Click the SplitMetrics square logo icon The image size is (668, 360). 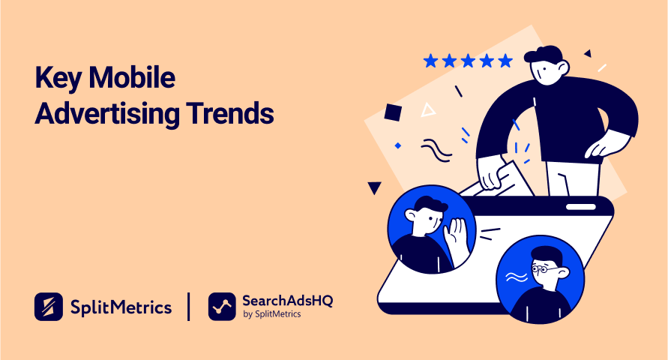click(48, 306)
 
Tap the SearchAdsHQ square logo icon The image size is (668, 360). click(222, 306)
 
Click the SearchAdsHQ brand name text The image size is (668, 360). click(287, 300)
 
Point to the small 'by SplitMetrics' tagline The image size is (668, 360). click(272, 315)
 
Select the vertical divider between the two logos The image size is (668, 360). click(188, 306)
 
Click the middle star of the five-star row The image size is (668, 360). click(468, 60)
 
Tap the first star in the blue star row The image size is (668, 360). click(430, 60)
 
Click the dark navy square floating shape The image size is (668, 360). click(393, 112)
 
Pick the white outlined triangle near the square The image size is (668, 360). click(428, 110)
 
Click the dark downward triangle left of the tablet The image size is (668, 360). click(374, 187)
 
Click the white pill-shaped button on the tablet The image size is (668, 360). click(580, 206)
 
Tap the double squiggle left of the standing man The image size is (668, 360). click(436, 151)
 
